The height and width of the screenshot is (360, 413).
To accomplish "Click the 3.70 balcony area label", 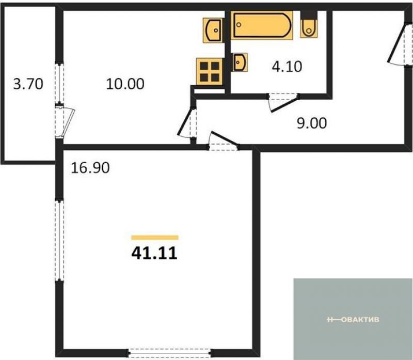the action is (x=28, y=84).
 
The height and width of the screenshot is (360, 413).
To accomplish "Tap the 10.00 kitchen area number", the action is (x=125, y=84).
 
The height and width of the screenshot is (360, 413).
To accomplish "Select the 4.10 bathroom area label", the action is (x=287, y=67).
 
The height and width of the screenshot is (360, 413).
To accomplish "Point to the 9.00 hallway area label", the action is (x=312, y=123).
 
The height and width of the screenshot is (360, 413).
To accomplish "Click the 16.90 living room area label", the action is (x=90, y=168).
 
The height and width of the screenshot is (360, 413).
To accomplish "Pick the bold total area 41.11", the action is (x=154, y=254).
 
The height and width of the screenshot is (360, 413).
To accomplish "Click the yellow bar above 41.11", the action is (x=155, y=238).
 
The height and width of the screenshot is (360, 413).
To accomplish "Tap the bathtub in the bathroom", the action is (x=262, y=25).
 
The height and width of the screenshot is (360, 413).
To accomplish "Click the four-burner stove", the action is (x=210, y=71).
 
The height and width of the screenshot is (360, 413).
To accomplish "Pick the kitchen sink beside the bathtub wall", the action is (x=213, y=30).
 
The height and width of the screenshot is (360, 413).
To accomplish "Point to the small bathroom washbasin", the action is (x=240, y=62).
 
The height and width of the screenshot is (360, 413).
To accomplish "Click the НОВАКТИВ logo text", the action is (x=353, y=320).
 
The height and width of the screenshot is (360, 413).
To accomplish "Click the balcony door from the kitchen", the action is (x=65, y=120).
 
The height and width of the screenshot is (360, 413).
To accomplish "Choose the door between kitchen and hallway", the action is (x=188, y=122).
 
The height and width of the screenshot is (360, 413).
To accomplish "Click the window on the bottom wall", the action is (x=170, y=353).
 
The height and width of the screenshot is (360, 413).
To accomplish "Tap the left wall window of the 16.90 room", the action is (x=59, y=240).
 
